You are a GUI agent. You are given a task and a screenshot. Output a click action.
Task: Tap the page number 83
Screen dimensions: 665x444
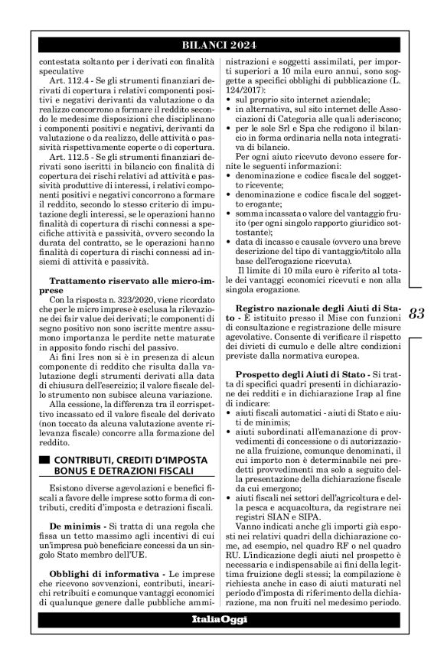pos(417,313)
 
